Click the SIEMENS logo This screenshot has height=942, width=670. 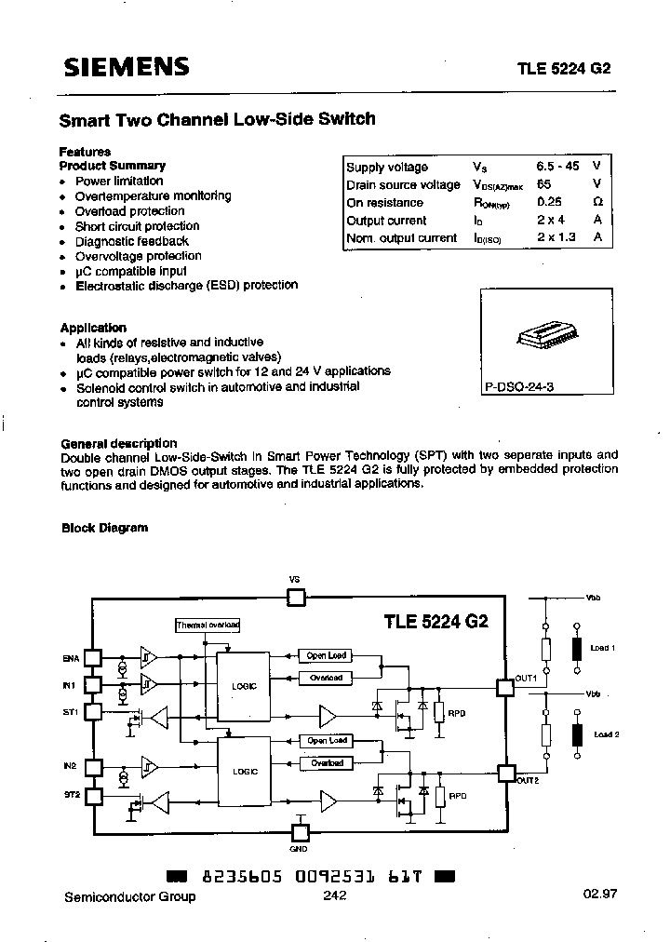(x=126, y=67)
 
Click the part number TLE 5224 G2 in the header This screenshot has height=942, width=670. (x=563, y=68)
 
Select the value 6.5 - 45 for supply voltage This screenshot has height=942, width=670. (x=557, y=167)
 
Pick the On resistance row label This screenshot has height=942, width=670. (x=384, y=202)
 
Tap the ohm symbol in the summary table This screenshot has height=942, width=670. (x=597, y=202)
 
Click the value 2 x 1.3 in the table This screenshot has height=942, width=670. (x=556, y=237)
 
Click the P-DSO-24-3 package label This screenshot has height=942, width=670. (x=519, y=385)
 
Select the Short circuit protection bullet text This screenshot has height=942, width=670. (x=137, y=226)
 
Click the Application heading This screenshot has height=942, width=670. (x=93, y=328)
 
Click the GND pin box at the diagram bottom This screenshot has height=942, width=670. (x=301, y=833)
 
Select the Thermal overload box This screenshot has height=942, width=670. (x=208, y=625)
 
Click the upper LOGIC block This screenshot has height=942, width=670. (x=243, y=685)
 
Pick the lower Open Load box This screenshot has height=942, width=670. (x=326, y=741)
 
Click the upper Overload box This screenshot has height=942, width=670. (x=326, y=678)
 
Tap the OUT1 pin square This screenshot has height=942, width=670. (x=506, y=688)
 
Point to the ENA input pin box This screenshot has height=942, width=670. (x=92, y=657)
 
